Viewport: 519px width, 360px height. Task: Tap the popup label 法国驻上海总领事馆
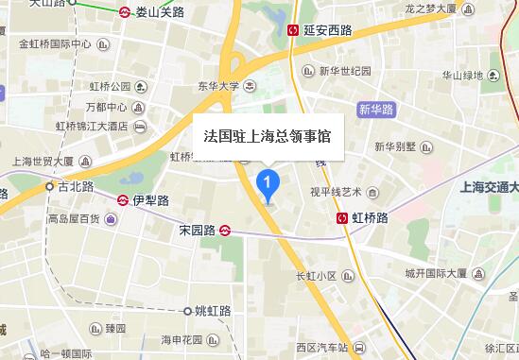(268, 136)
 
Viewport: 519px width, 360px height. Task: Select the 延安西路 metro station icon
(293, 30)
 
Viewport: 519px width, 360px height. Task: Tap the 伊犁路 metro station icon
(123, 200)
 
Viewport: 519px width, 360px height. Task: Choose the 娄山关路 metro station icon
(125, 13)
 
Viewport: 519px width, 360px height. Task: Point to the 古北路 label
(75, 187)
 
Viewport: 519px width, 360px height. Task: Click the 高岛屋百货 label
(74, 219)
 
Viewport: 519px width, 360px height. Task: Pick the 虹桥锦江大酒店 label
(92, 126)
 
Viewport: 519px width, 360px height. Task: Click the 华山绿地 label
(462, 76)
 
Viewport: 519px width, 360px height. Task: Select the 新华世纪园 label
(345, 71)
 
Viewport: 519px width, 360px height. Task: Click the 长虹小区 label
(316, 276)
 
